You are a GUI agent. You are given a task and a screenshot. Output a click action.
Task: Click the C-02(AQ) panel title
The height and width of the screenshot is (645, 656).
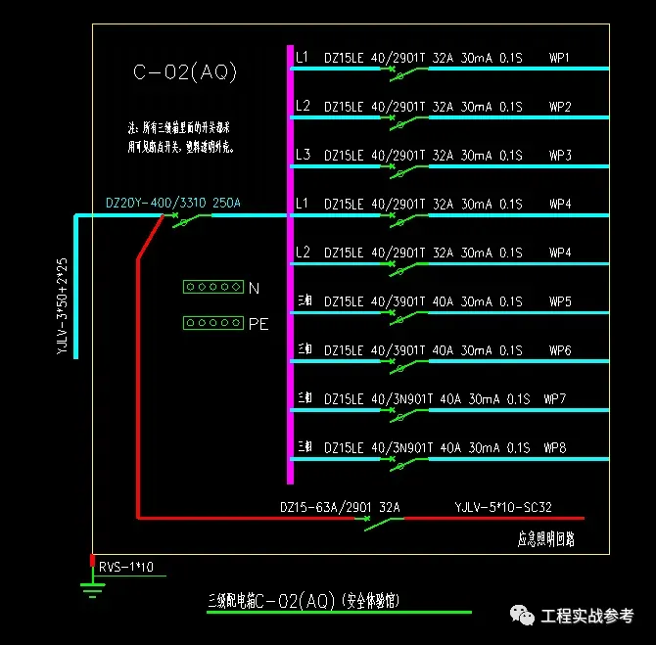point(185,72)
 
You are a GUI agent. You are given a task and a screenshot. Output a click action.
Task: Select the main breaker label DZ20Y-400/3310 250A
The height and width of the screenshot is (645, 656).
point(172,204)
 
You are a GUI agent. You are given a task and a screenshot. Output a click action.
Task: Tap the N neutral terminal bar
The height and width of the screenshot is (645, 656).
point(212,287)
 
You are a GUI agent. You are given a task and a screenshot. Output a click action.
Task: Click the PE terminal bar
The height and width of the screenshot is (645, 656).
point(212,323)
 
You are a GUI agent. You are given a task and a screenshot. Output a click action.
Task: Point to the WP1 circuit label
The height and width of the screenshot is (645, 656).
point(560,58)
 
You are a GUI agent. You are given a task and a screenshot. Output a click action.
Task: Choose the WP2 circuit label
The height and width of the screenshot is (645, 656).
point(560,107)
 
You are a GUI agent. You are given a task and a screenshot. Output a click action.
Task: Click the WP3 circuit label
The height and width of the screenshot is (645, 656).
point(560,156)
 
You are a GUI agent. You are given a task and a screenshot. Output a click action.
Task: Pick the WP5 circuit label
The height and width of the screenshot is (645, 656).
point(560,301)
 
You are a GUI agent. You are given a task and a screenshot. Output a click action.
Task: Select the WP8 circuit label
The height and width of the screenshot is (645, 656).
point(555,448)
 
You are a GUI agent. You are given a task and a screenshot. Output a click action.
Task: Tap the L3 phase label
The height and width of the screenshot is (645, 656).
point(303,156)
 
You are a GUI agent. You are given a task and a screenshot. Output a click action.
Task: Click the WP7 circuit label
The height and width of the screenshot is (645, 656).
point(555,399)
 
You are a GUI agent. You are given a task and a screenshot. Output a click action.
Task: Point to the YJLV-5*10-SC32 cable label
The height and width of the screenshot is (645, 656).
point(503,507)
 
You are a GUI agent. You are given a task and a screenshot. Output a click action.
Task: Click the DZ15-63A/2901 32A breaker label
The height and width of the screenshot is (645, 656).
point(341,507)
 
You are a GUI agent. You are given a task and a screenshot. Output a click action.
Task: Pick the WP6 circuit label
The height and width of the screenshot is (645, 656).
point(560,350)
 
